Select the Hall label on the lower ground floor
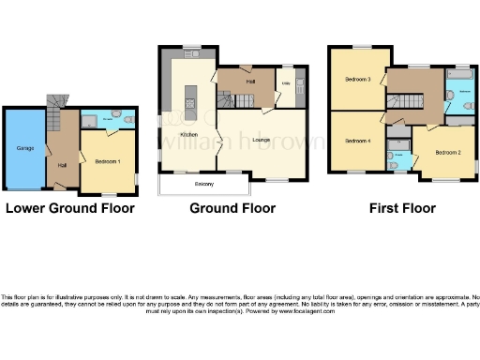pos(62,166)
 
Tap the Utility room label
pos(286,85)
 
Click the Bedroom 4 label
pos(357,141)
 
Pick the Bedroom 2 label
pos(445,153)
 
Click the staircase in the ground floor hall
pos(225,99)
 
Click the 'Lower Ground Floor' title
pos(70,208)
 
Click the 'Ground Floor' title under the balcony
pos(232,208)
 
